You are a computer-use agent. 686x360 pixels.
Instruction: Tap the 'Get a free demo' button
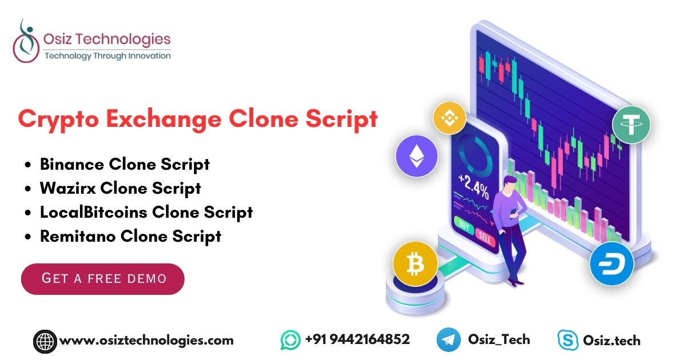(x=103, y=279)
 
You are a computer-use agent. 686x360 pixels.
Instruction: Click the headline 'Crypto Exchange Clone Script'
(x=198, y=119)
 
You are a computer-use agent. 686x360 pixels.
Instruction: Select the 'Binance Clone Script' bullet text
(x=125, y=165)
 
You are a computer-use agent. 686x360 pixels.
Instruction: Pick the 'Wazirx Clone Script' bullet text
(x=120, y=188)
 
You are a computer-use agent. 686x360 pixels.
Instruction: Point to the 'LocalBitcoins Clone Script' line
(x=146, y=212)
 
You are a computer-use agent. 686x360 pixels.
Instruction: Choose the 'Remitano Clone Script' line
(x=130, y=236)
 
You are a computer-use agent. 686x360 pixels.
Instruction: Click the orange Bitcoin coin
(x=415, y=265)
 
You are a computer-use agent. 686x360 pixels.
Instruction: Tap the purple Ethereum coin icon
(x=417, y=155)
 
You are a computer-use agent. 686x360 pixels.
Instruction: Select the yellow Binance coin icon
(x=450, y=118)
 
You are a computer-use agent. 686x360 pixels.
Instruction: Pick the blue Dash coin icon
(x=612, y=265)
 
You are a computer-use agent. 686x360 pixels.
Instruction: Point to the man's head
(x=510, y=184)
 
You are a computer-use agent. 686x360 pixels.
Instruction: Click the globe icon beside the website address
(x=45, y=341)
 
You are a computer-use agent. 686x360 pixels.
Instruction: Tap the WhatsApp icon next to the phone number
(x=290, y=340)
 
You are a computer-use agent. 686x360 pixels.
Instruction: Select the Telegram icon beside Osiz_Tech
(x=448, y=340)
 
